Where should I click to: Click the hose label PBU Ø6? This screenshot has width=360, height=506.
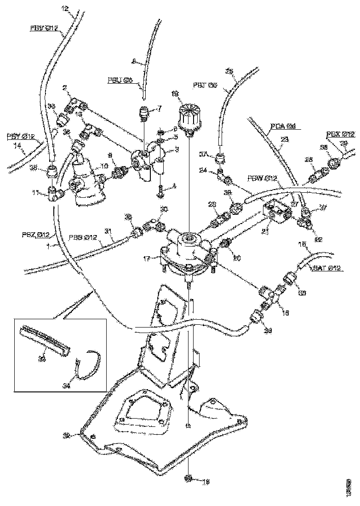pos(120,80)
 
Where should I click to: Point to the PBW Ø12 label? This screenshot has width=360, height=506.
pos(263,178)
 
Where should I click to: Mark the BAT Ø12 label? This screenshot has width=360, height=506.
pos(328,268)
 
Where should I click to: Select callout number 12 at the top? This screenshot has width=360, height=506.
pos(64,8)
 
